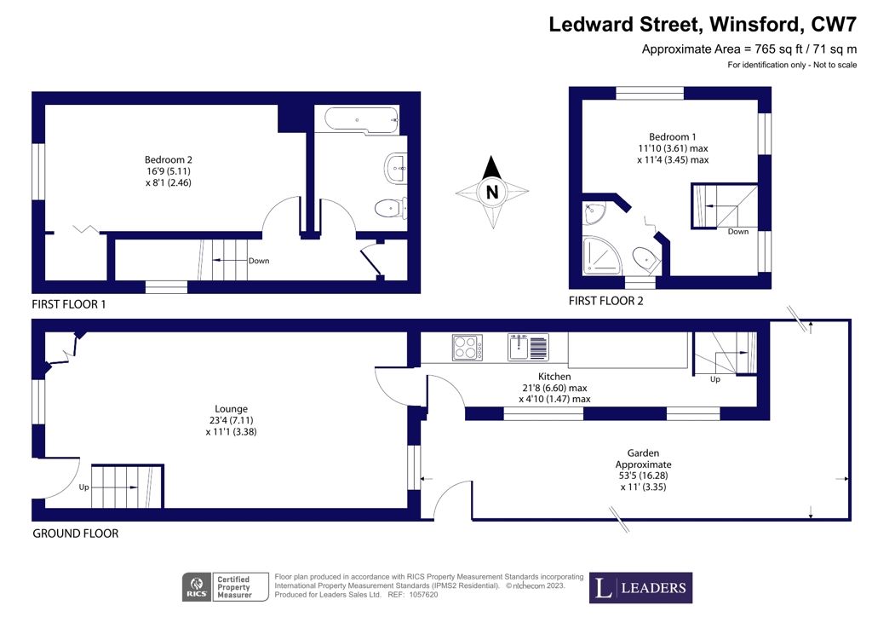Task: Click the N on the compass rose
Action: (492, 192)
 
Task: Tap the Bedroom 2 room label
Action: (169, 159)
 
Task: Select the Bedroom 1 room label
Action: (673, 137)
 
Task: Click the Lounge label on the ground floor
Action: (231, 409)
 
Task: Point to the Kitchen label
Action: (554, 377)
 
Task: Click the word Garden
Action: (644, 453)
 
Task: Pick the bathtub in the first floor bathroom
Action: (361, 119)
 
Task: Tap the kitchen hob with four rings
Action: (468, 347)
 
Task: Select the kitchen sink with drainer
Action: (528, 347)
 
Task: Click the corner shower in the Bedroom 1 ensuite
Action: (599, 256)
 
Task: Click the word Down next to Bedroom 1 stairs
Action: (738, 232)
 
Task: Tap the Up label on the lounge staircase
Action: (83, 487)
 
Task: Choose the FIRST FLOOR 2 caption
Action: (605, 301)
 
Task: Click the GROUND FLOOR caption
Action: (76, 533)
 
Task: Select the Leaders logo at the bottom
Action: (640, 587)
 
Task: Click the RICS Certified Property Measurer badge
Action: (225, 587)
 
